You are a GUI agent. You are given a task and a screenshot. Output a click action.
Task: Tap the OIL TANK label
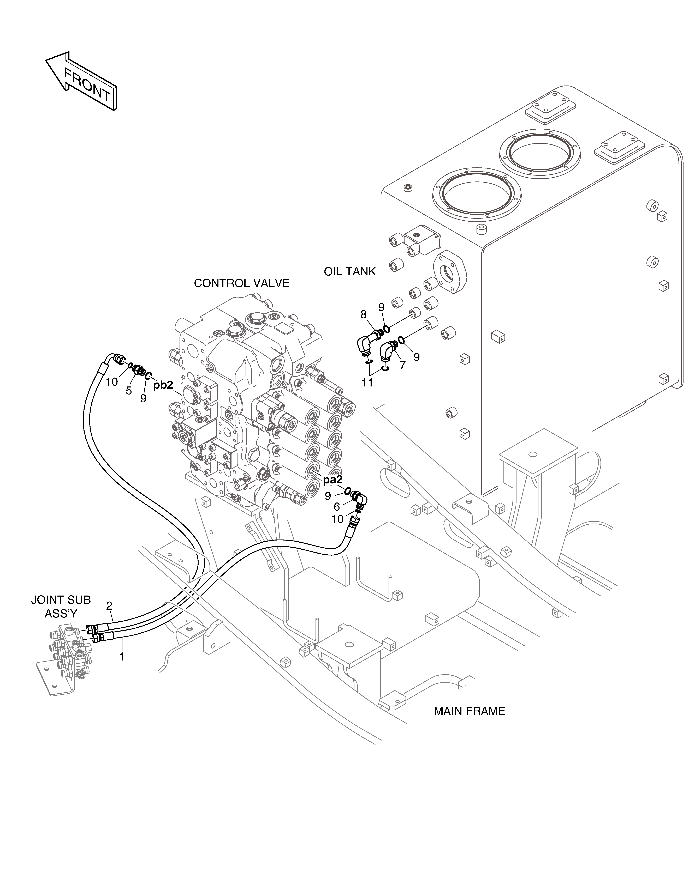click(x=350, y=272)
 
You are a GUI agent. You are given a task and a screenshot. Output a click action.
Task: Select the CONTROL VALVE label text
click(x=242, y=283)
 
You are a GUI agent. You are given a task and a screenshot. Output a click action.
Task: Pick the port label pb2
click(x=163, y=385)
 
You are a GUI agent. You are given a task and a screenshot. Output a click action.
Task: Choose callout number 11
click(x=367, y=383)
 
